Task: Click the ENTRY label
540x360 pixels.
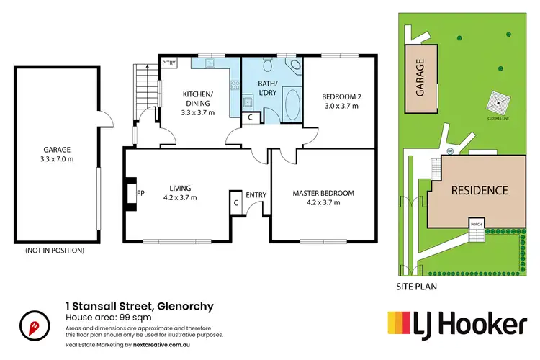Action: click(x=256, y=195)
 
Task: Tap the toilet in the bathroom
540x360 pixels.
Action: click(x=268, y=66)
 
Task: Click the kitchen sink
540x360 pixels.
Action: click(x=210, y=63)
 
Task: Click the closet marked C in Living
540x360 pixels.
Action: click(x=235, y=202)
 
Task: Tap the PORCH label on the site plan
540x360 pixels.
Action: click(x=476, y=223)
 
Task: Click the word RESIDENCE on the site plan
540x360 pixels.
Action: click(x=480, y=191)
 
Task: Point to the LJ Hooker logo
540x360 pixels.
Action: click(x=457, y=325)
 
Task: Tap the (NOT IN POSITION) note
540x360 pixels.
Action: click(x=55, y=251)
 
